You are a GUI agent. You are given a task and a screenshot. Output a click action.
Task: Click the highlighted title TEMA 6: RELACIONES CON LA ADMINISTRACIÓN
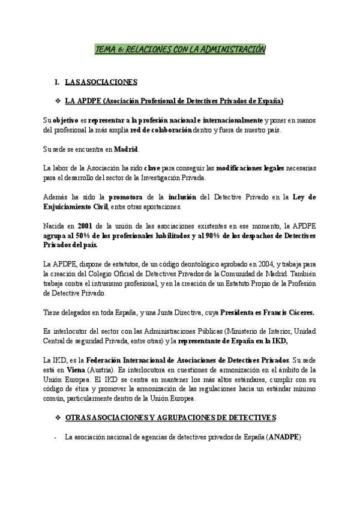click(x=180, y=50)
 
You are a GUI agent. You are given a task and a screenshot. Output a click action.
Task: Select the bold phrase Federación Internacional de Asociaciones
click(x=146, y=361)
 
